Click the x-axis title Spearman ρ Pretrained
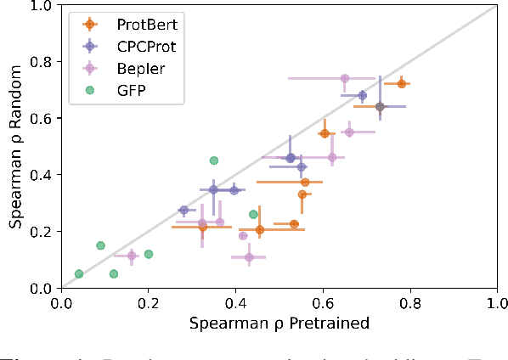[x=279, y=323]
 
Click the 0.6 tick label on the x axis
[x=323, y=301]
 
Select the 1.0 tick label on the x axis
[x=497, y=301]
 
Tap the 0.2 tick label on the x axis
[x=149, y=301]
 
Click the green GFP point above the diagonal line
[x=214, y=160]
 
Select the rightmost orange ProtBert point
[x=401, y=84]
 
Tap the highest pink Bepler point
[x=344, y=78]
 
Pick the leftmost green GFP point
[x=79, y=273]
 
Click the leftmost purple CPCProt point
[x=183, y=210]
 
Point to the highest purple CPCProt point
[x=362, y=95]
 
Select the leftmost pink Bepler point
[x=132, y=256]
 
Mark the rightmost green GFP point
[x=253, y=214]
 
